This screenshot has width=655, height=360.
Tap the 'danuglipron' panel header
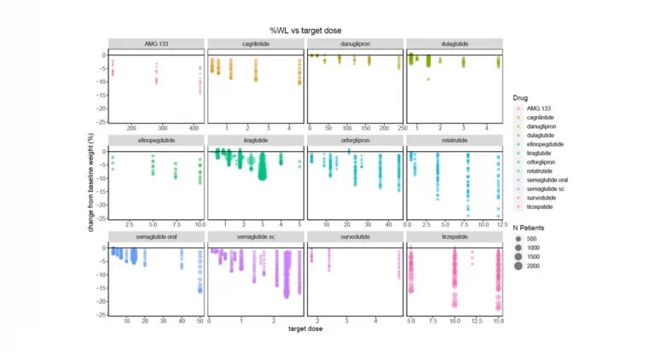coord(355,44)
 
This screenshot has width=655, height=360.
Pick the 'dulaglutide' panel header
coord(454,44)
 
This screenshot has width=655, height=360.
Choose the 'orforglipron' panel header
coord(355,140)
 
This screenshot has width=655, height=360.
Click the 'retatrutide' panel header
coord(454,140)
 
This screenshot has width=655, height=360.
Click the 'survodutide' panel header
coord(355,236)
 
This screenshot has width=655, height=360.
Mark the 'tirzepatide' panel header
coord(454,236)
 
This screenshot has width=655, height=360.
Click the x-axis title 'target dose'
coord(304,328)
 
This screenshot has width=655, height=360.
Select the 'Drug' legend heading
coord(520,98)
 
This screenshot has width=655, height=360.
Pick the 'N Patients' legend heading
coord(529,228)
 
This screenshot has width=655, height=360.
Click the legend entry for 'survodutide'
coord(541,197)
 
